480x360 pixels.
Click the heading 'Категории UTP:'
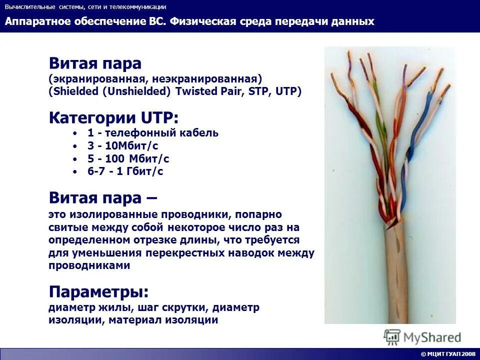coord(113,118)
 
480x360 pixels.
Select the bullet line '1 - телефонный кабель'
coord(152,133)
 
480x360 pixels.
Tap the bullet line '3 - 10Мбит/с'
coord(122,146)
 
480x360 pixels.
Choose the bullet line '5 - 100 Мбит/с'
coord(128,159)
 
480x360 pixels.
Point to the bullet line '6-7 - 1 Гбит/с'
coord(125,171)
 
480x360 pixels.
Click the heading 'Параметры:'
coord(98,291)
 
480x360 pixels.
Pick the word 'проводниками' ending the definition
coord(89,266)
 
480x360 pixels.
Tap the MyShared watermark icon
coord(392,337)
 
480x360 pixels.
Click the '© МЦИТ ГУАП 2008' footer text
coord(448,354)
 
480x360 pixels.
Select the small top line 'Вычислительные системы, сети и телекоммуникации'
coord(85,7)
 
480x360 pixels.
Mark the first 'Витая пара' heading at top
coord(95,63)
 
